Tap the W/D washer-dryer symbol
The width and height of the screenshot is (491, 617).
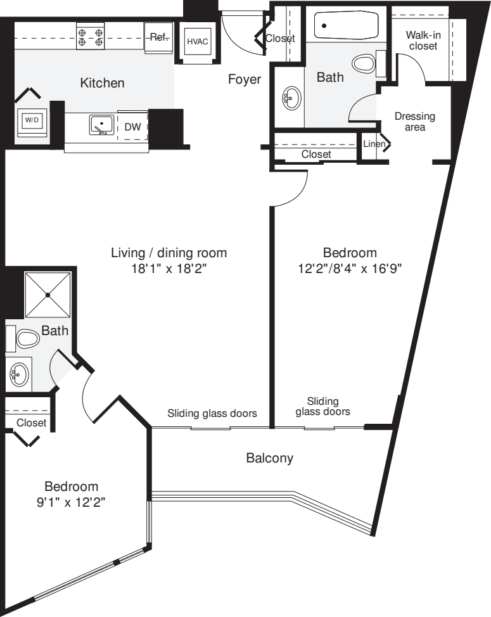click(x=31, y=119)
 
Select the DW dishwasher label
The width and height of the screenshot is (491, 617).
click(x=132, y=127)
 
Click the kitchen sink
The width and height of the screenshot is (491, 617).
click(x=101, y=125)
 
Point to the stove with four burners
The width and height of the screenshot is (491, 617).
click(x=91, y=36)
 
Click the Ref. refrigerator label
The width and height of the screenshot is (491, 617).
click(x=157, y=37)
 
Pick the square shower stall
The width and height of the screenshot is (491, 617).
click(x=47, y=295)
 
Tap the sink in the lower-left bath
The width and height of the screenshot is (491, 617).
click(x=18, y=376)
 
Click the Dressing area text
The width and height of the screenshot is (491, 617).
click(x=414, y=121)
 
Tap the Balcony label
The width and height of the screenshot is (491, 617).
click(x=269, y=457)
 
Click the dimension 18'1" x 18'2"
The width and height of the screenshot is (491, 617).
click(x=169, y=268)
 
